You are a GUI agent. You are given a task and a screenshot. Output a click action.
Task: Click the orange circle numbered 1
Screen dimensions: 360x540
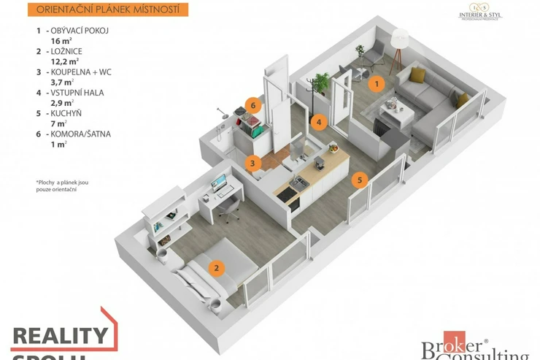[376, 83]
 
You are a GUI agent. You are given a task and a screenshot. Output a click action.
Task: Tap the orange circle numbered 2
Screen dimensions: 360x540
[215, 267]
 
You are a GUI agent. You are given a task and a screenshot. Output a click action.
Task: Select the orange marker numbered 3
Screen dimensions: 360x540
[252, 164]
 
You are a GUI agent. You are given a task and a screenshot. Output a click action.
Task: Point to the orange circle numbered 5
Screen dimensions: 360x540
[358, 180]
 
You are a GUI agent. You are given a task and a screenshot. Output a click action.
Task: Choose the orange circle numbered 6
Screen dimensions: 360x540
[252, 104]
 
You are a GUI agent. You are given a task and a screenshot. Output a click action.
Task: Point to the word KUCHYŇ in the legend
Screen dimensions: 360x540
[66, 114]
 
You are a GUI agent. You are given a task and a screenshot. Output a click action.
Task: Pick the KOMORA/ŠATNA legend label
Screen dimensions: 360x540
[80, 134]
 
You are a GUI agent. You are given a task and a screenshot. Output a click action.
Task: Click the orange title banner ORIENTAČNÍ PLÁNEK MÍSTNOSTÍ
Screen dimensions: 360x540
[107, 9]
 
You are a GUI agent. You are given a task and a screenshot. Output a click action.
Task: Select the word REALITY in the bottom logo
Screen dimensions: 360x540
[60, 337]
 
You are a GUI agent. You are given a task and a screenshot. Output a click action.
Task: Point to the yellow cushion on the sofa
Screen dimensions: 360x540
[417, 74]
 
